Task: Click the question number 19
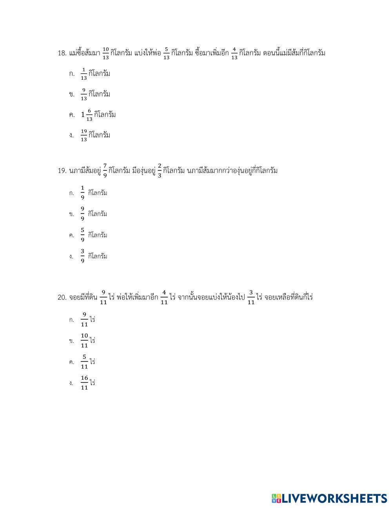coord(62,171)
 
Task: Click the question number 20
coord(62,298)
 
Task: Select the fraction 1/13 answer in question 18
coord(83,74)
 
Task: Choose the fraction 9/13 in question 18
coord(83,94)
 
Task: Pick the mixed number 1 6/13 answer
coord(87,115)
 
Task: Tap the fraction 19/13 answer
coord(83,135)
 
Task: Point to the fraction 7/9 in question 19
coord(105,171)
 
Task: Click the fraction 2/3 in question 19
coord(159,171)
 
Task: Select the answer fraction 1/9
coord(82,193)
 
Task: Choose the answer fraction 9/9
coord(82,214)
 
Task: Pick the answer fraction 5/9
coord(82,235)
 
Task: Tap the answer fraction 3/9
coord(82,256)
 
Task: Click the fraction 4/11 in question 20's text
coord(164,298)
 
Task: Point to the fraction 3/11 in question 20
coord(251,298)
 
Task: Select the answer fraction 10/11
coord(84,340)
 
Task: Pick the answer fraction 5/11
coord(84,362)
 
